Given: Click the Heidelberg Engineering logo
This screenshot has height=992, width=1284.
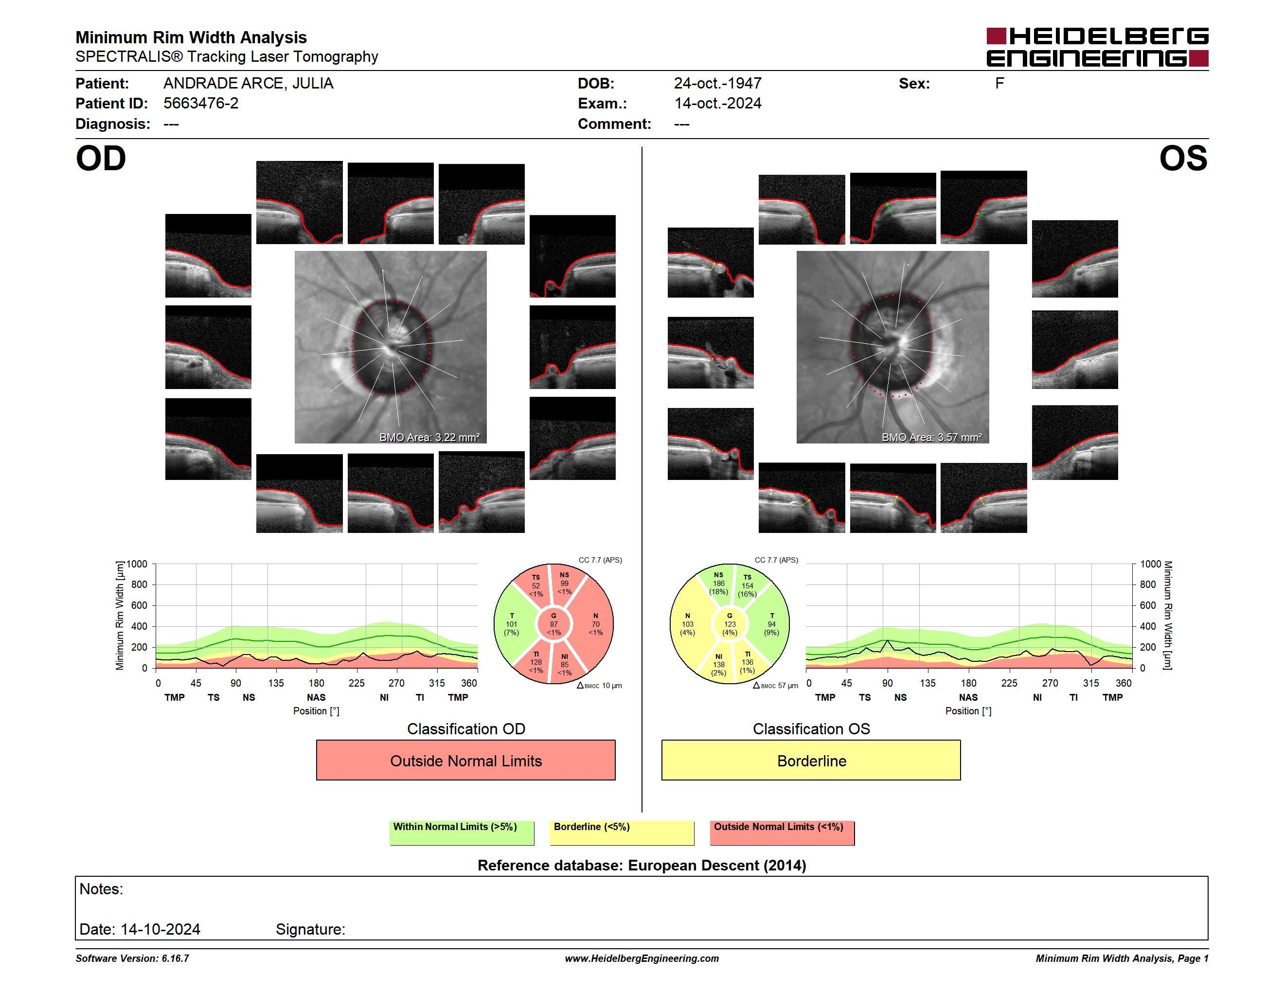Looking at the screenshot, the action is [1097, 47].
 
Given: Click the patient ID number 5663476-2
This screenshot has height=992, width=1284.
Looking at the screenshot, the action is [201, 104].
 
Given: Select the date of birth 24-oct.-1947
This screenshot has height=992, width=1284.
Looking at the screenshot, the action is [717, 84].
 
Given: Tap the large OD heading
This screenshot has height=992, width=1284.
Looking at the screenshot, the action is [101, 159].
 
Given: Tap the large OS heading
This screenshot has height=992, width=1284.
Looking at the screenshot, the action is [1183, 159].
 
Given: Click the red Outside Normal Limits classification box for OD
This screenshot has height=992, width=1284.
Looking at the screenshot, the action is [465, 760].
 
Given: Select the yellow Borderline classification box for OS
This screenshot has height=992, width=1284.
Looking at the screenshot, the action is [811, 760].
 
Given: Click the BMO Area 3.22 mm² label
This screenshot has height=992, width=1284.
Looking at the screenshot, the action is [429, 437].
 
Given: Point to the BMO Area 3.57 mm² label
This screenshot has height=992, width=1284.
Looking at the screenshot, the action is [931, 437].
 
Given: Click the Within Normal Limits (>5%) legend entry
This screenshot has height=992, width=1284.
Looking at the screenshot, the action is [462, 833].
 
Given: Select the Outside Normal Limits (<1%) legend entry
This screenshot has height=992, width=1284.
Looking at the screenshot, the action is [782, 833].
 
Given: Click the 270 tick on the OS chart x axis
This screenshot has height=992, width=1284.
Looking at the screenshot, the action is [1050, 683].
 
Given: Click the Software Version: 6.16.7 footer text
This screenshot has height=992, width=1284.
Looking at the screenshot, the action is [132, 958].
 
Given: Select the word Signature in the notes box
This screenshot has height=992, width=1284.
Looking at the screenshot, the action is [310, 929].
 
